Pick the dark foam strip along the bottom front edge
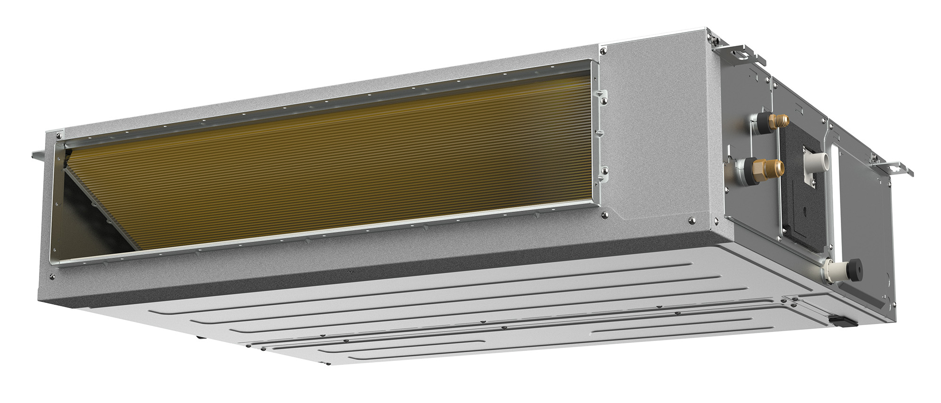pos(329,273)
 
